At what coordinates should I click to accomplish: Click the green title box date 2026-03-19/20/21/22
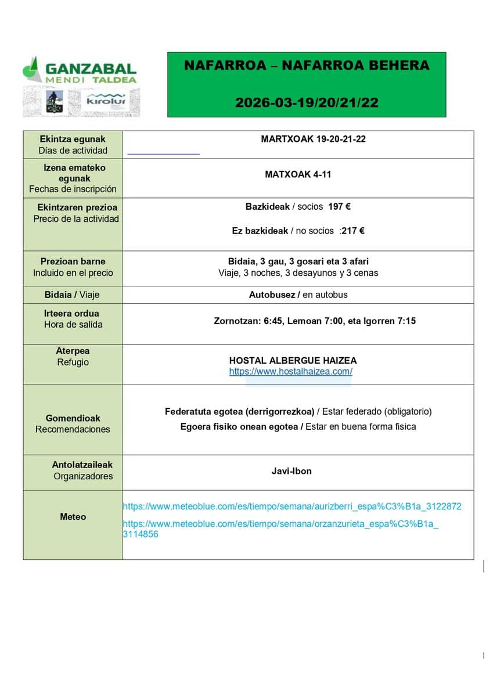[307, 103]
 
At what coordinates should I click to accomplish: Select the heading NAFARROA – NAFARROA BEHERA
[307, 66]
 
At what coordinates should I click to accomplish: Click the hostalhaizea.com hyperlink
[290, 372]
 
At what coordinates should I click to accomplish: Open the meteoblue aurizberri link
[292, 506]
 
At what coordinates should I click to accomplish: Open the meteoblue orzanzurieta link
[280, 524]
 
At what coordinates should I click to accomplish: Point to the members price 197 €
[339, 207]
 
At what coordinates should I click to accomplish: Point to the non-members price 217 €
[352, 231]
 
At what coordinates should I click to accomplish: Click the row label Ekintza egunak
[73, 139]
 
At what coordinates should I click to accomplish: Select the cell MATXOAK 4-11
[298, 174]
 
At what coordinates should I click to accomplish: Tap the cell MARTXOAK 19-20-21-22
[313, 139]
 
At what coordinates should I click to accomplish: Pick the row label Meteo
[73, 517]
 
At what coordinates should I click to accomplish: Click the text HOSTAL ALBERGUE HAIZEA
[293, 361]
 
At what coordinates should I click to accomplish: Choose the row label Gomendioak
[73, 418]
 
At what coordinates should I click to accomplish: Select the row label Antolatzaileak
[82, 465]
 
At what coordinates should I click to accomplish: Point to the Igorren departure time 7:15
[406, 321]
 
